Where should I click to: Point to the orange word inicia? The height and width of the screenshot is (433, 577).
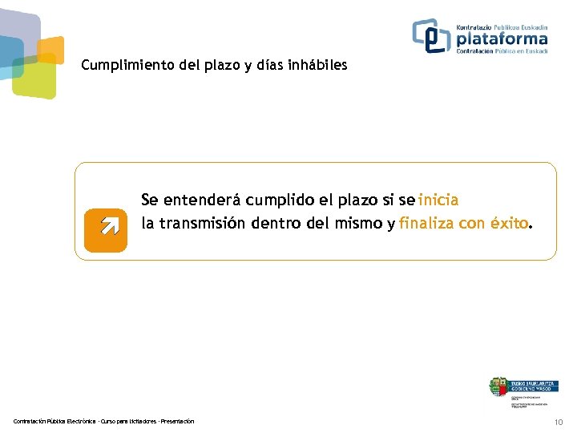[x=438, y=200]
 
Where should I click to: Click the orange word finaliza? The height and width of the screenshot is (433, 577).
[x=426, y=223]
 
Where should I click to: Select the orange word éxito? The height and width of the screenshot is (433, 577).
[x=510, y=223]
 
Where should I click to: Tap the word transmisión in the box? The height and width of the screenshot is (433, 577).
[x=204, y=223]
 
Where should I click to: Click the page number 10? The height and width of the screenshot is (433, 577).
[x=559, y=422]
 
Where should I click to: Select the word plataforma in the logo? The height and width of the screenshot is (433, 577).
[x=502, y=38]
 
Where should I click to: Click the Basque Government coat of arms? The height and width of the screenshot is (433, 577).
[x=498, y=386]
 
